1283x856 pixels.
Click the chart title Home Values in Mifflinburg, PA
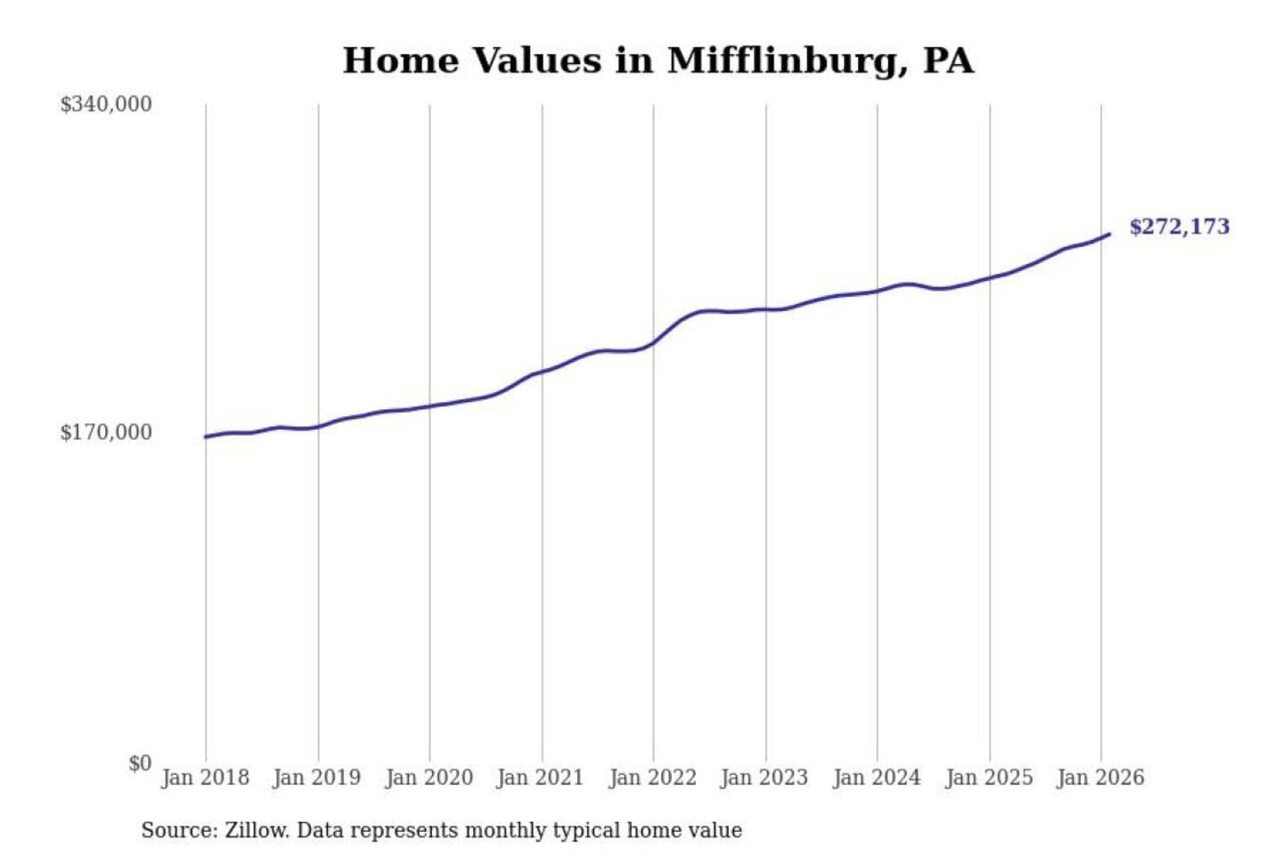(658, 61)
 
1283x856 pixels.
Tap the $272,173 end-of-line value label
(1179, 226)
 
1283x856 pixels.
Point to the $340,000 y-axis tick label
(106, 104)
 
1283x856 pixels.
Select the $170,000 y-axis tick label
(106, 432)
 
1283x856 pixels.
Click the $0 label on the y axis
(140, 763)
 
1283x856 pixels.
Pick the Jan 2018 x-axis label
(205, 778)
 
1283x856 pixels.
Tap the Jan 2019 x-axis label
(316, 778)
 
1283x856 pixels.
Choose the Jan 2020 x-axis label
(429, 778)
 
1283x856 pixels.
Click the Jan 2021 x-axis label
(540, 778)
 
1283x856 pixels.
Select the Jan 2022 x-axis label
(652, 778)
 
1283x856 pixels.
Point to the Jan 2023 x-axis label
(764, 778)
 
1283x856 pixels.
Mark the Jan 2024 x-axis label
(876, 778)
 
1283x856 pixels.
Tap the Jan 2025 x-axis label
(988, 778)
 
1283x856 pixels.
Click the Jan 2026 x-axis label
(1099, 778)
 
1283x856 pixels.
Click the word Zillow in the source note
(256, 830)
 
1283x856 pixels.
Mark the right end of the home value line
(1108, 235)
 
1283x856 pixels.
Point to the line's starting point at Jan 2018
(206, 437)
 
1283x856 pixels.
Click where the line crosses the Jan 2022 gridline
(653, 342)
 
